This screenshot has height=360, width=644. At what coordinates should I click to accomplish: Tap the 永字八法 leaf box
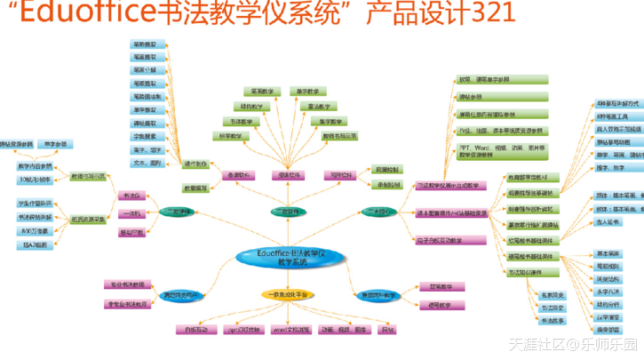pyautogui.click(x=608, y=291)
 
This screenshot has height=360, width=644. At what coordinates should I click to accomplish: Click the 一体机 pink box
pyautogui.click(x=131, y=213)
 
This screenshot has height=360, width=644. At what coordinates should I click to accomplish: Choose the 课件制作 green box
pyautogui.click(x=196, y=164)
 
